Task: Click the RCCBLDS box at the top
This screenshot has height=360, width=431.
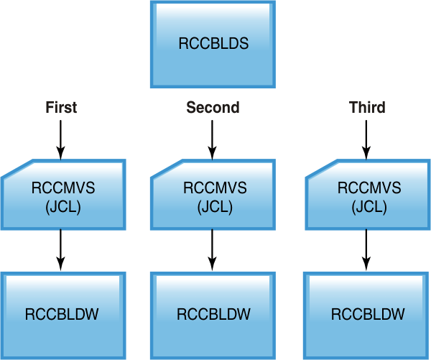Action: click(213, 44)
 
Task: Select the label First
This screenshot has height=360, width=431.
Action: click(61, 108)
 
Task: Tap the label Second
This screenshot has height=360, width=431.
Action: click(213, 108)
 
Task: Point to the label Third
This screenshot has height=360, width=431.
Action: click(367, 108)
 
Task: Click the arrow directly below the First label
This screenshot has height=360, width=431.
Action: click(61, 139)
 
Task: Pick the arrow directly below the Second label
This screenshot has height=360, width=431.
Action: click(213, 139)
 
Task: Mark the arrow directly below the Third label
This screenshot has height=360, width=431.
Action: click(367, 139)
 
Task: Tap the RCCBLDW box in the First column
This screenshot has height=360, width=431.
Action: click(62, 314)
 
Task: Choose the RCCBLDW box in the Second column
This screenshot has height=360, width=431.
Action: click(214, 314)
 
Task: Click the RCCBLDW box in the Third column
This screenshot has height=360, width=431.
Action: click(368, 314)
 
